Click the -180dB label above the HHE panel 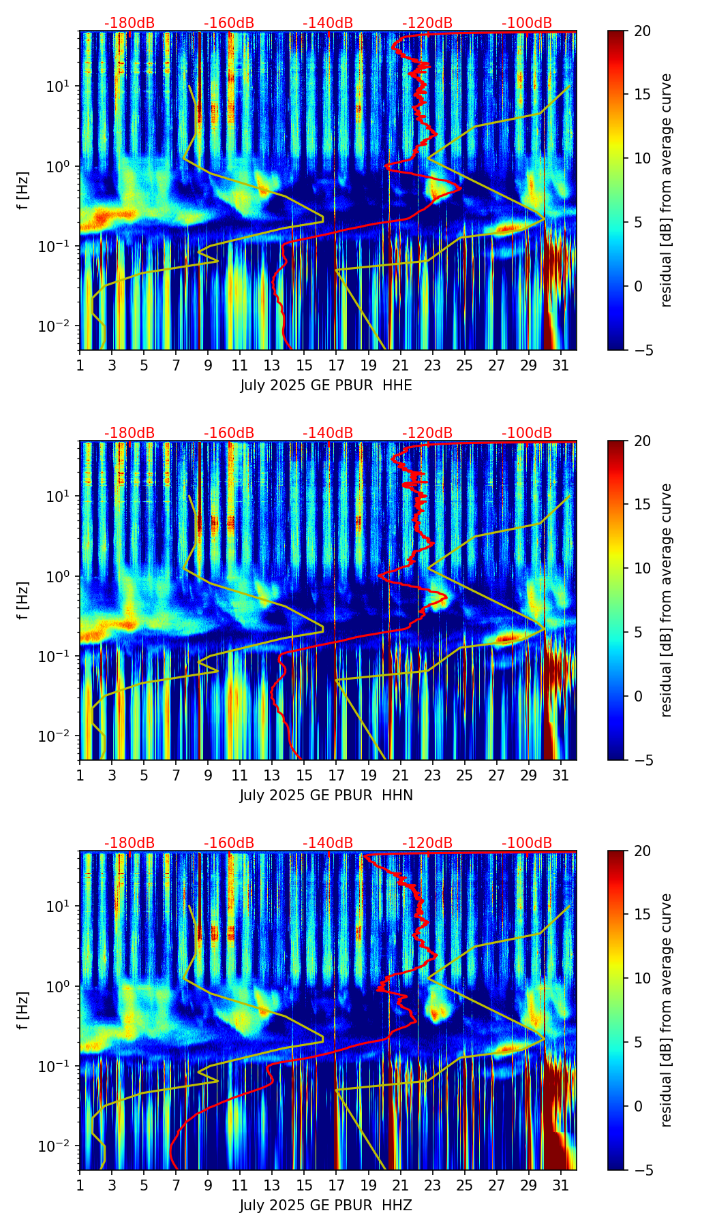pyautogui.click(x=129, y=23)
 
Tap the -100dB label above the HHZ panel pyautogui.click(x=527, y=843)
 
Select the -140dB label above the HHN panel pyautogui.click(x=328, y=433)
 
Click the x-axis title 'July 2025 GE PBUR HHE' pyautogui.click(x=326, y=385)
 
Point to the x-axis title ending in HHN pyautogui.click(x=326, y=795)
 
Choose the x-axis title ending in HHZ pyautogui.click(x=326, y=1205)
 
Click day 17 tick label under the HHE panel pyautogui.click(x=335, y=365)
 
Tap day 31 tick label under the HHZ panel pyautogui.click(x=560, y=1185)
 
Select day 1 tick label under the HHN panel pyautogui.click(x=80, y=775)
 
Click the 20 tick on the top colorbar pyautogui.click(x=642, y=31)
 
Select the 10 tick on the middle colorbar pyautogui.click(x=642, y=568)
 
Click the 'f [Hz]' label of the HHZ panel pyautogui.click(x=24, y=1011)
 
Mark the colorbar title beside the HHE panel pyautogui.click(x=666, y=190)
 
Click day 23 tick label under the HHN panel pyautogui.click(x=432, y=775)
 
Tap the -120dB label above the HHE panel pyautogui.click(x=427, y=23)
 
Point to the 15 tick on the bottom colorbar pyautogui.click(x=642, y=915)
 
